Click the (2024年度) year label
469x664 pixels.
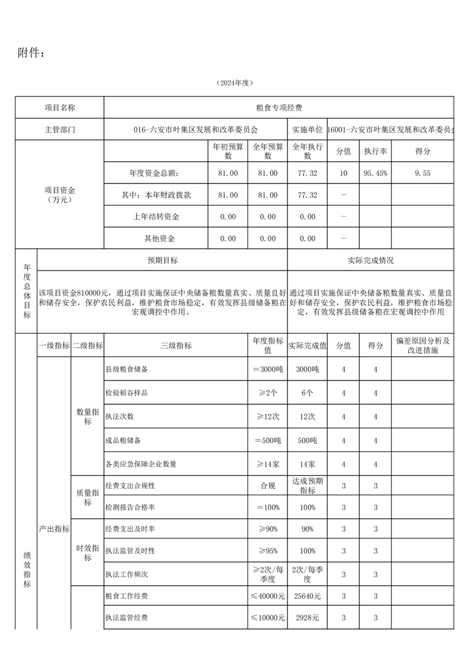pyautogui.click(x=235, y=83)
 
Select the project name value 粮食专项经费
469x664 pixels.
pyautogui.click(x=279, y=108)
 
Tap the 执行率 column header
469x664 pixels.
pyautogui.click(x=376, y=152)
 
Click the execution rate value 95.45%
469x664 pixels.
pyautogui.click(x=376, y=173)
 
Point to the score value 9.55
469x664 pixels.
pyautogui.click(x=423, y=173)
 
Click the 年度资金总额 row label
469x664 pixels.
pyautogui.click(x=154, y=173)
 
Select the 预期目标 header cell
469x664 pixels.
pyautogui.click(x=162, y=260)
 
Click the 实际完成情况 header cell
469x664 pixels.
pyautogui.click(x=371, y=260)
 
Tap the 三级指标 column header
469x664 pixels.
pyautogui.click(x=176, y=346)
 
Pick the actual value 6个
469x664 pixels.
pyautogui.click(x=307, y=393)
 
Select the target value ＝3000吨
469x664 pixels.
pyautogui.click(x=268, y=369)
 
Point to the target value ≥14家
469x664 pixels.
pyautogui.click(x=268, y=465)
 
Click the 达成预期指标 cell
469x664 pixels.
pyautogui.click(x=307, y=486)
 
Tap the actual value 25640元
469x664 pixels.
pyautogui.click(x=307, y=596)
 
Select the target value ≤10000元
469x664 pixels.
pyautogui.click(x=268, y=618)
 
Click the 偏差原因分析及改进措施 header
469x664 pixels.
pyautogui.click(x=423, y=346)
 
